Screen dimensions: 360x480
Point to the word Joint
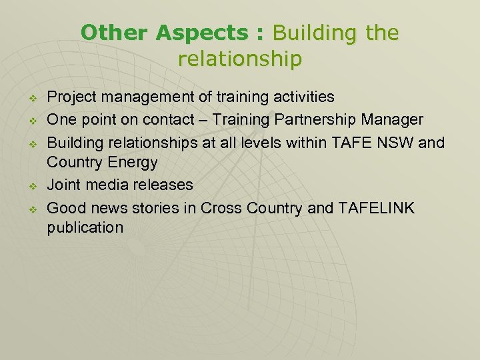65,184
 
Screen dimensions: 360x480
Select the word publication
85,227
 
